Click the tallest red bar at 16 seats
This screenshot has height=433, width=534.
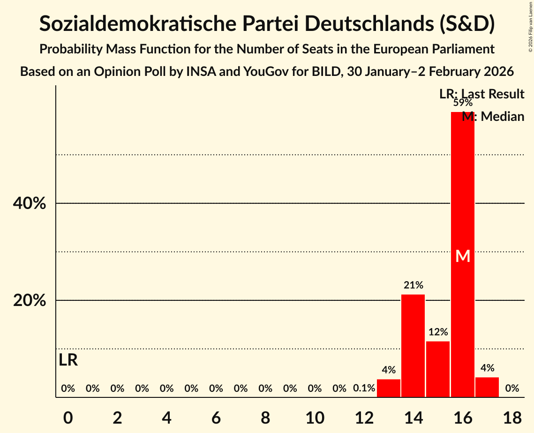(462, 197)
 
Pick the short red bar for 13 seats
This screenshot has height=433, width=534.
(389, 388)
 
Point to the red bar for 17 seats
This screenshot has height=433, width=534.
(487, 387)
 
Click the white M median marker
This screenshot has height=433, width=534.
(463, 256)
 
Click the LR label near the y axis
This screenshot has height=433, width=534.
(68, 360)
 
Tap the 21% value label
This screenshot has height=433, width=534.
(413, 285)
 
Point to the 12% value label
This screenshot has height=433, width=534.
(438, 332)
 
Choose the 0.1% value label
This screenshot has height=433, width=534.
(364, 388)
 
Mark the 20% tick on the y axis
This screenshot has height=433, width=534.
(30, 300)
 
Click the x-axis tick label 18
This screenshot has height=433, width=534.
(512, 418)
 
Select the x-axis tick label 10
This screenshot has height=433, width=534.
(315, 418)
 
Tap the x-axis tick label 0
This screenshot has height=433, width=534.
(68, 418)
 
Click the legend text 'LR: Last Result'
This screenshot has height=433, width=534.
(481, 94)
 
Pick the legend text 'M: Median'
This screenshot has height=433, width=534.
(493, 117)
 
